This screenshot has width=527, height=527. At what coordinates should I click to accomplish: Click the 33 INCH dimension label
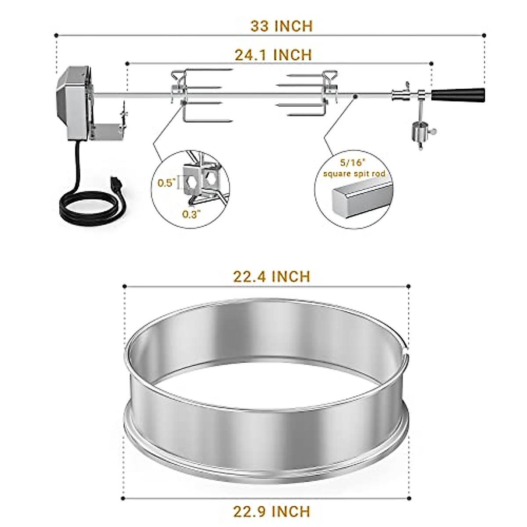coord(282,26)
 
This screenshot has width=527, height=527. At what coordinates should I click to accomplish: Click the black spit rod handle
coord(458,95)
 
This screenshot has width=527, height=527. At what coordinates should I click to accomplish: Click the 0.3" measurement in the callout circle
coord(192,214)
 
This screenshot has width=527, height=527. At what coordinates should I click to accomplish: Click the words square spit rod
coord(354,173)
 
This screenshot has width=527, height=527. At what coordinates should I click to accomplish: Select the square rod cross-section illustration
coord(360,200)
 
